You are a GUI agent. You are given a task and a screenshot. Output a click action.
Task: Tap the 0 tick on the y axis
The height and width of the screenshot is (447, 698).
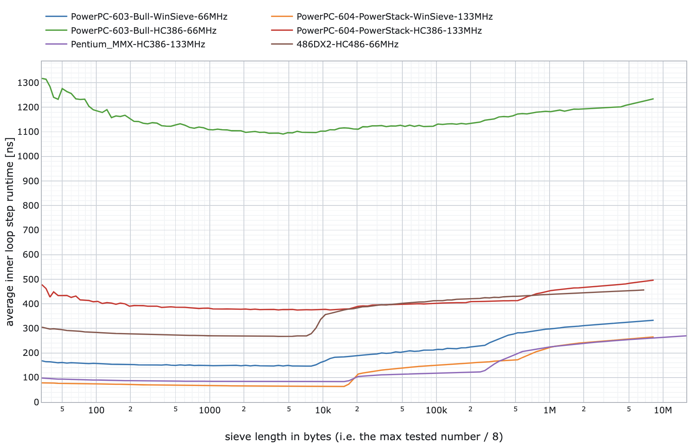click(37, 402)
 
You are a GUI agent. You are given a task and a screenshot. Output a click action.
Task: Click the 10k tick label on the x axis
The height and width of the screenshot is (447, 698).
click(323, 410)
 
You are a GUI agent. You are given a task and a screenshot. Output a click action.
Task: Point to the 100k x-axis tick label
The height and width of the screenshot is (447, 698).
click(436, 410)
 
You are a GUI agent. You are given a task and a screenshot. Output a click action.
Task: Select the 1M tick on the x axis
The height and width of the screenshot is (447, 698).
click(550, 410)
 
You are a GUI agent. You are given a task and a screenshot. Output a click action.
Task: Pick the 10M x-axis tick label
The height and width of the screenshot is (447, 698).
click(663, 410)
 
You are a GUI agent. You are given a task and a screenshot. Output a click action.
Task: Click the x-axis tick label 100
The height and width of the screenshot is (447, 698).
click(96, 410)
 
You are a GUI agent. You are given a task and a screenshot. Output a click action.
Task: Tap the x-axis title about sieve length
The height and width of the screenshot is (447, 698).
click(364, 437)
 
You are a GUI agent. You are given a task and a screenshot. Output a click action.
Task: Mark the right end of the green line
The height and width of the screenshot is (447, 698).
click(653, 99)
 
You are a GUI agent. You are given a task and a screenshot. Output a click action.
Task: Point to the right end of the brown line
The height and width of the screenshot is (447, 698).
click(644, 290)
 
